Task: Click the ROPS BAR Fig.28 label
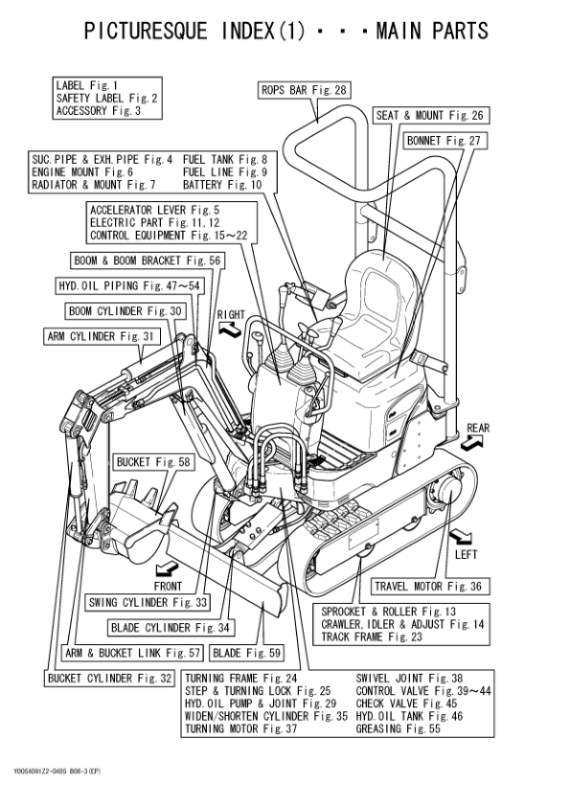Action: (x=304, y=91)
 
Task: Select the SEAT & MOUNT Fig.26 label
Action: (x=430, y=116)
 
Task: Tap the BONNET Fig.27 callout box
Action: (x=446, y=141)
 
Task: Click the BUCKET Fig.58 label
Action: (x=153, y=462)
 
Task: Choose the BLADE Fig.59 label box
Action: (x=247, y=653)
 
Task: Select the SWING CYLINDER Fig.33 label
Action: (x=148, y=602)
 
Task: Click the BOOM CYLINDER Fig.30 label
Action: (x=125, y=311)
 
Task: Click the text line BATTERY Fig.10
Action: (x=221, y=185)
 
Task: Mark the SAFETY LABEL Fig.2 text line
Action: (x=106, y=98)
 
